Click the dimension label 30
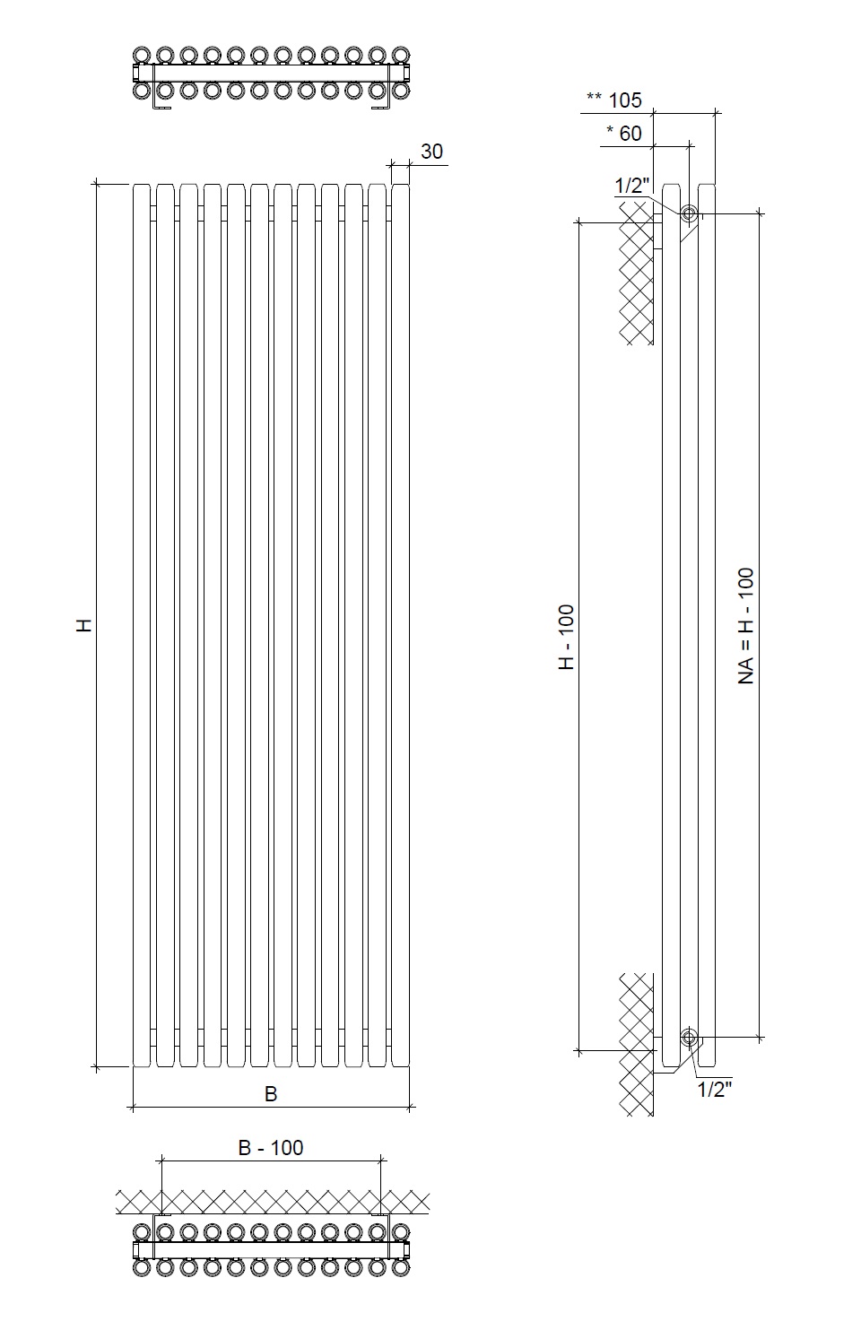[431, 152]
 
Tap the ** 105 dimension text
[614, 100]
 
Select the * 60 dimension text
[623, 134]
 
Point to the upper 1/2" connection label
[631, 186]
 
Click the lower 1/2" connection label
[714, 1090]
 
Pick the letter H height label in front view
[85, 625]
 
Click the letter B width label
[271, 1094]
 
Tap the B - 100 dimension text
[271, 1148]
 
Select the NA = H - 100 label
[746, 626]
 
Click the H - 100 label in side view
[567, 637]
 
